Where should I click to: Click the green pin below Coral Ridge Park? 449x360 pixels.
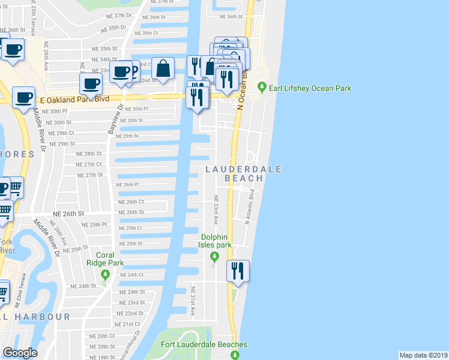pos(106,275)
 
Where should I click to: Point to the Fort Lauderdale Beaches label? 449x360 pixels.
pos(204,344)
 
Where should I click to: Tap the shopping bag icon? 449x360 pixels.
pos(163,69)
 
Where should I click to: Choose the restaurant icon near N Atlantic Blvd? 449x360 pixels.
pos(238,271)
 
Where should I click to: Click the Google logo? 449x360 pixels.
pos(20,353)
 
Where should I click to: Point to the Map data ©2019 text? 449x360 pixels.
pos(423,355)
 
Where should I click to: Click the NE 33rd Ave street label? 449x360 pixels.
pos(215,206)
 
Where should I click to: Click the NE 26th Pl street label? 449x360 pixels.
pos(127,185)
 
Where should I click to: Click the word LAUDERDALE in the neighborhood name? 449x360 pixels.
pos(243,169)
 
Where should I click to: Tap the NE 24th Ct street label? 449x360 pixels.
pos(132,275)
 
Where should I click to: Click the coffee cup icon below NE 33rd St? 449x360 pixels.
pos(91,83)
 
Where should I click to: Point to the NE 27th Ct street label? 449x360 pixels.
pos(89,164)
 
